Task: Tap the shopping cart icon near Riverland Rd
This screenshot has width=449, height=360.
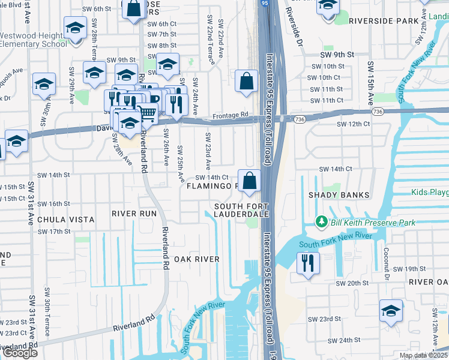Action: tap(147, 112)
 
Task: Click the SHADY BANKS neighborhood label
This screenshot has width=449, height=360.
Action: tap(331, 195)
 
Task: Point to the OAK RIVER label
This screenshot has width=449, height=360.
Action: tap(196, 259)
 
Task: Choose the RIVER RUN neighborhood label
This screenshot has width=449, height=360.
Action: tap(134, 214)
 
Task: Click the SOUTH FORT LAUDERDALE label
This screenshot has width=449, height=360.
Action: tap(237, 211)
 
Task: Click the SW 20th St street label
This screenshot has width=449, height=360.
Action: tap(351, 283)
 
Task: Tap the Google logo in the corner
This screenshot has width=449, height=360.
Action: tap(19, 353)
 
